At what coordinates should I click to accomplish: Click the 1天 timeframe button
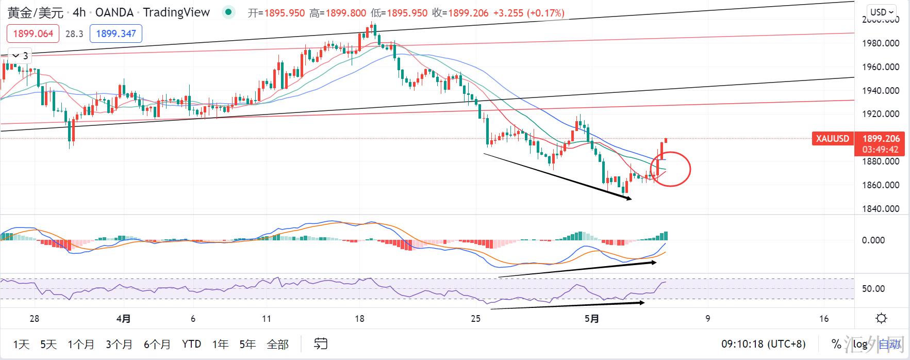point(21,344)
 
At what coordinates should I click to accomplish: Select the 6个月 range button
point(157,344)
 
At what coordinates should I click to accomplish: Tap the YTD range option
point(191,344)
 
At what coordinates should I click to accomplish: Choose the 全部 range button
point(277,344)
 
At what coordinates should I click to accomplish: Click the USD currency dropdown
point(882,12)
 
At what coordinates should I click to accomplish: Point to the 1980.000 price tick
point(881,43)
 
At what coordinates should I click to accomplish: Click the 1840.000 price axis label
point(881,209)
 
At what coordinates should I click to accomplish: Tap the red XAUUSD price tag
point(832,139)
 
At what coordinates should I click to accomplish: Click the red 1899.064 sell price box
point(33,34)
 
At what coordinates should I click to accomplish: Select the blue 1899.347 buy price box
point(116,34)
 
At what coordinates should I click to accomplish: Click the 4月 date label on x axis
point(123,319)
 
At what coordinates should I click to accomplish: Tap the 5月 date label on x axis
point(592,319)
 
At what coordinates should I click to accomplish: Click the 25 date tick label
point(475,319)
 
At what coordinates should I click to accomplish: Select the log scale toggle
point(860,344)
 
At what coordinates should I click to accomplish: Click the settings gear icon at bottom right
point(881,318)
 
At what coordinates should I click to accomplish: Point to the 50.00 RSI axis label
point(873,289)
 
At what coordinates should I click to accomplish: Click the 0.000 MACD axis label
point(873,240)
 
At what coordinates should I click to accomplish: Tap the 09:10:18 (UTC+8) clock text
point(763,344)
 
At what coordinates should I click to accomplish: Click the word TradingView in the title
point(176,12)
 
